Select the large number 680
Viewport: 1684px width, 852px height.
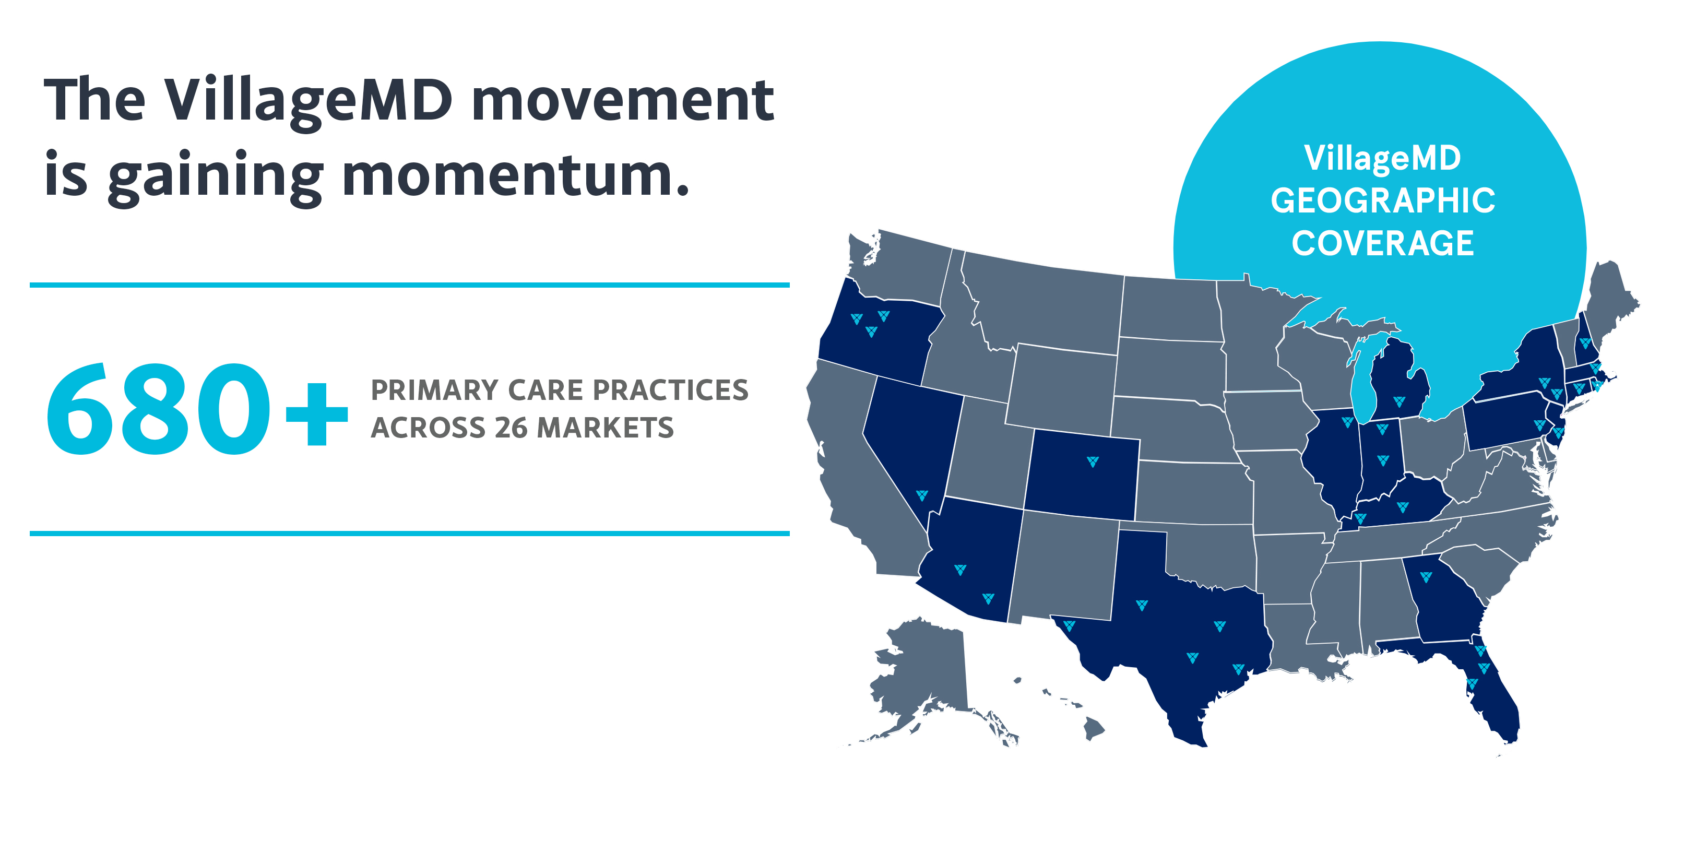click(x=158, y=409)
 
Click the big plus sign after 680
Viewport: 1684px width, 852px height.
click(x=316, y=415)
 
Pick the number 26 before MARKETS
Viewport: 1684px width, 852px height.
click(x=511, y=428)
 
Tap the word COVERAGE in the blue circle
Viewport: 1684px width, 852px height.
click(x=1383, y=243)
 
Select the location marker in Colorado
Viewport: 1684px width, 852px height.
click(x=1093, y=462)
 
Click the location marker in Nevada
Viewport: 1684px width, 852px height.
click(x=922, y=495)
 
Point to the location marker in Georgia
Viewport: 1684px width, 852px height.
click(x=1426, y=577)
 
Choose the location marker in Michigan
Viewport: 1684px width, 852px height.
click(x=1399, y=401)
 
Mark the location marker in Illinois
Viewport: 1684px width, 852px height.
click(x=1347, y=422)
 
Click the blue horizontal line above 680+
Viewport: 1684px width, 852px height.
click(x=410, y=285)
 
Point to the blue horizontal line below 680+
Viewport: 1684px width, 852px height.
click(x=410, y=534)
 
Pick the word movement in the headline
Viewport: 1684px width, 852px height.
click(x=623, y=101)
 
